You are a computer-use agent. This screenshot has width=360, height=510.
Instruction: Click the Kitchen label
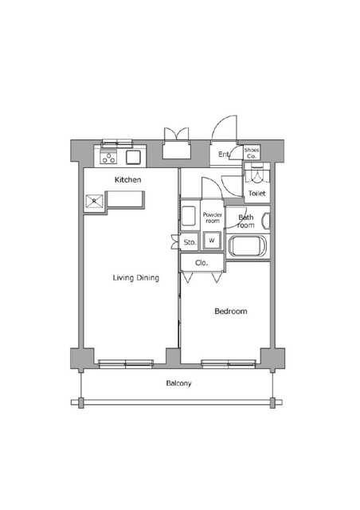tap(127, 180)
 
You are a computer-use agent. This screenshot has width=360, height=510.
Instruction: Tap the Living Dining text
tap(136, 278)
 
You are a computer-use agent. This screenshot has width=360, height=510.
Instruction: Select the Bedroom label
tap(231, 312)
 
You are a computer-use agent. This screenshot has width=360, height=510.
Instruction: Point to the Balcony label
tap(178, 383)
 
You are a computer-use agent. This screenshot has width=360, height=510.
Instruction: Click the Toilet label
tap(257, 193)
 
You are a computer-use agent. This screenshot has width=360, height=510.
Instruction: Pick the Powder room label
tap(213, 218)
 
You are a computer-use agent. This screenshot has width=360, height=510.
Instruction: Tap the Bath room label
tap(246, 222)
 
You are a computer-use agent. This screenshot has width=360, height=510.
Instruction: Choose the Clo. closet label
tap(202, 263)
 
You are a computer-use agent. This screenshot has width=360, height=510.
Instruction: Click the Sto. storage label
tap(190, 242)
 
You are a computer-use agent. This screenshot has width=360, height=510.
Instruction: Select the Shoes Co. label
tap(252, 153)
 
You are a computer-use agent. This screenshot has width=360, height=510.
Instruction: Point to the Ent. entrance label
tap(224, 155)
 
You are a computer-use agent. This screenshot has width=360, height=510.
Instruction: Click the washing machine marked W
tap(212, 241)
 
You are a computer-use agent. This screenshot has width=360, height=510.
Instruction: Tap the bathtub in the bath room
tap(248, 246)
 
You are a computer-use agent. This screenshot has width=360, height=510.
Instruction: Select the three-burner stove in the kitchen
tap(108, 158)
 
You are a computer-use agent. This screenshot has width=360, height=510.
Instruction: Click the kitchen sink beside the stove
tap(133, 158)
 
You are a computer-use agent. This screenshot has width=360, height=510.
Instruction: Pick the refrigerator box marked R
tap(94, 202)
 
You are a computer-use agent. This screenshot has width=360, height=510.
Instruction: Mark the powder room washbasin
tap(189, 216)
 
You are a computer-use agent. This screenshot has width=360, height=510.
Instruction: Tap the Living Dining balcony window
tap(126, 363)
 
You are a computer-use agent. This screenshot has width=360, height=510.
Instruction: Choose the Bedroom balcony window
tap(229, 363)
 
